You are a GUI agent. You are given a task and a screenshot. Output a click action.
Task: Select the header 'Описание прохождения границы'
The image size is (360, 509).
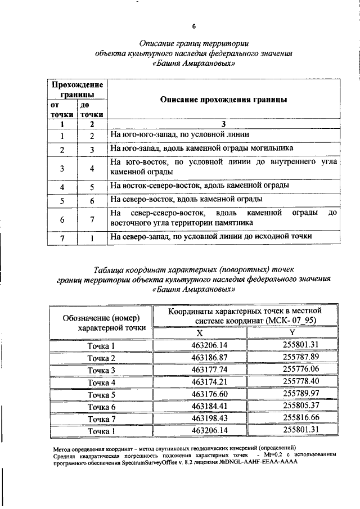[x=223, y=100]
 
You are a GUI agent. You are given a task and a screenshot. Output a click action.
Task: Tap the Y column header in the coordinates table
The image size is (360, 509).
[x=292, y=333]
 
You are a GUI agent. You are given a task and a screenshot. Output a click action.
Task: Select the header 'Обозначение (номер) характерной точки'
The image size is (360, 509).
[x=101, y=322]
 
